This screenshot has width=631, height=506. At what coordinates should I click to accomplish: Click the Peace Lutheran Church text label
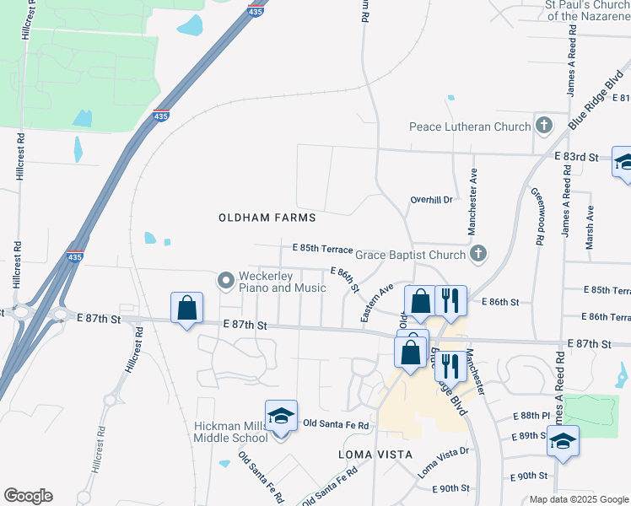(x=470, y=127)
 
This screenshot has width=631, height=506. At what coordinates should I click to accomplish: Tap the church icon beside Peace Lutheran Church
(x=544, y=126)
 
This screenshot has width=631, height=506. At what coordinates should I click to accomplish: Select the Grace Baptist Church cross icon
(x=478, y=254)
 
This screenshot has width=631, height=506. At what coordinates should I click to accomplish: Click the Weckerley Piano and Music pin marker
(x=225, y=280)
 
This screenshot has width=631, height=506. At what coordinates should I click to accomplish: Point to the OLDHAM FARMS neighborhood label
(x=267, y=218)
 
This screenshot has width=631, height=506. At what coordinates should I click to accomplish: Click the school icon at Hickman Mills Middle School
(x=281, y=416)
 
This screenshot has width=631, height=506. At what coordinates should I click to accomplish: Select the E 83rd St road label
(x=576, y=157)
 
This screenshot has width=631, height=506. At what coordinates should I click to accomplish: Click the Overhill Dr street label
(x=432, y=200)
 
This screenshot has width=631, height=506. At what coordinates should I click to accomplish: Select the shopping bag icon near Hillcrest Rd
(x=186, y=309)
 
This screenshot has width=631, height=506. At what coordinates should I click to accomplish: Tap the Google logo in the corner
(x=28, y=496)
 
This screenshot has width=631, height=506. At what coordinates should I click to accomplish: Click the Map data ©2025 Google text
(x=578, y=499)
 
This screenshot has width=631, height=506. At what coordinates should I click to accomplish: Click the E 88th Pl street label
(x=531, y=417)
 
